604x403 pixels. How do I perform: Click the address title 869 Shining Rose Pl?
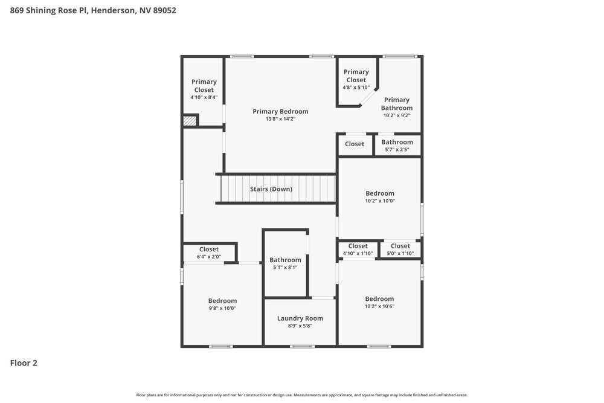tap(94, 10)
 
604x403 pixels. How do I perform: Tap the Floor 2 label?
tap(24, 363)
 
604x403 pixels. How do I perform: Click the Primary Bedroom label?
tap(280, 111)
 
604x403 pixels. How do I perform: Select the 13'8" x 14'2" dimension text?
tap(280, 119)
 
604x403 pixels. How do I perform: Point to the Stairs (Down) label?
tap(271, 189)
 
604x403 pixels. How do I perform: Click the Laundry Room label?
tap(300, 318)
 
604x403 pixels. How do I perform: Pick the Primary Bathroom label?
tap(397, 104)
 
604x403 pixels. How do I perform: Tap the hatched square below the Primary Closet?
tap(190, 121)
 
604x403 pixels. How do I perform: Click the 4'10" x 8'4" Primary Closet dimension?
tap(204, 97)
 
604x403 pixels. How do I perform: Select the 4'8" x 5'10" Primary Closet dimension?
tap(356, 87)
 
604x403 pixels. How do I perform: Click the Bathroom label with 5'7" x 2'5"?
tap(397, 142)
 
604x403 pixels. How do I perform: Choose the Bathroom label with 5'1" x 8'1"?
tap(285, 260)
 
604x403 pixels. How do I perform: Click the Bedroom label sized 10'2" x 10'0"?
tap(379, 193)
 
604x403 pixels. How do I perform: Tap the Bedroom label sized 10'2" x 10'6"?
tap(379, 298)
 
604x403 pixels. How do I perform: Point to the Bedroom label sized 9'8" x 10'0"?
tap(222, 300)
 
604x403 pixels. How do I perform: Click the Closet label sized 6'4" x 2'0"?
tap(209, 249)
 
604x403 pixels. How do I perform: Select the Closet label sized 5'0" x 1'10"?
tap(400, 246)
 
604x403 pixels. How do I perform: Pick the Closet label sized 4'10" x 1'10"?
tap(358, 246)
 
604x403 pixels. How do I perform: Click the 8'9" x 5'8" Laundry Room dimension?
tap(300, 326)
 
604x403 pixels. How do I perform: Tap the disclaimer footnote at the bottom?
tap(302, 395)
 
